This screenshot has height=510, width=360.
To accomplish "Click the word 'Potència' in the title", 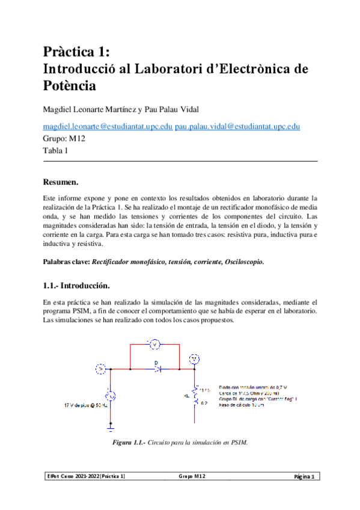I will tap(69, 86).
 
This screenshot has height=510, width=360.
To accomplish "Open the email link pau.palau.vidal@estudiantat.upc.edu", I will tap(237, 126).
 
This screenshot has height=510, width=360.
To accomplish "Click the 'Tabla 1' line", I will tap(55, 151).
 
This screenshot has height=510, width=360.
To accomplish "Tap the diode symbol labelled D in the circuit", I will tap(157, 368).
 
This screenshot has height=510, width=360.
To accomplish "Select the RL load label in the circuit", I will tap(188, 395).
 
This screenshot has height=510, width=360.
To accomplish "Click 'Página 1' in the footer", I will tap(305, 477).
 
